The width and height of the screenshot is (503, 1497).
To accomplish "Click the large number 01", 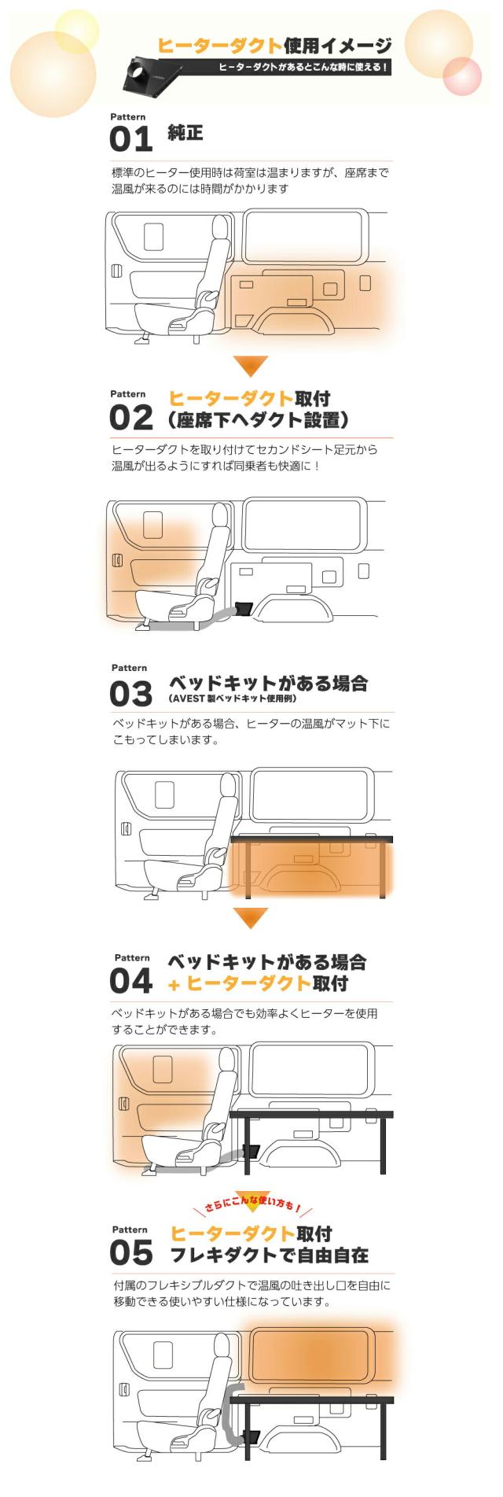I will coord(130,140).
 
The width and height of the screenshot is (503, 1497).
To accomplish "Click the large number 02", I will coord(130,418).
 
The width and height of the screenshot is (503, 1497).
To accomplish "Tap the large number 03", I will coord(130,695).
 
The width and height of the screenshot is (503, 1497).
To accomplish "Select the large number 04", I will coord(130,981).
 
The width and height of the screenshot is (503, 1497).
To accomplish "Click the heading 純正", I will coord(185,133).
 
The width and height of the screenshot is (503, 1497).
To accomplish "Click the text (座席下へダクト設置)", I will coord(259,420).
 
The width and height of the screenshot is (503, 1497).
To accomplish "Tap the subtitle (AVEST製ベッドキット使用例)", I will coord(233,699).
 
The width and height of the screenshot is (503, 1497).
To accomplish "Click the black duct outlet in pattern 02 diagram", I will coord(244,608).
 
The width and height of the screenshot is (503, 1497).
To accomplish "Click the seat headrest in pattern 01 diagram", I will coord(220,228).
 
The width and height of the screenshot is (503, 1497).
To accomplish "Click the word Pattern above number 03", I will coord(129,668).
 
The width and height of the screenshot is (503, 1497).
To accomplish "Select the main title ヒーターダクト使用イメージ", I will coord(274,46).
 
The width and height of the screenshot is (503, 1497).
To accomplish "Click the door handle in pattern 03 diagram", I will coord(126,828).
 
